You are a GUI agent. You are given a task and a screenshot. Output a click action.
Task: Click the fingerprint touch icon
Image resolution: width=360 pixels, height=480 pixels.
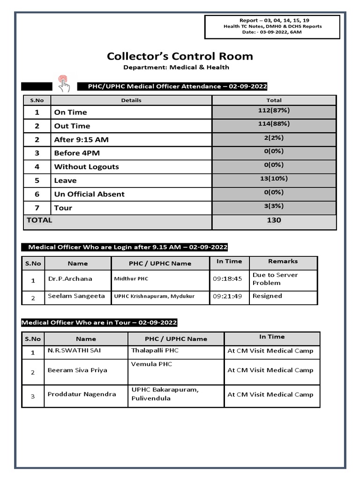(x=63, y=83)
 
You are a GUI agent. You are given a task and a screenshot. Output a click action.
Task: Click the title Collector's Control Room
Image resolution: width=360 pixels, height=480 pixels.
(x=180, y=56)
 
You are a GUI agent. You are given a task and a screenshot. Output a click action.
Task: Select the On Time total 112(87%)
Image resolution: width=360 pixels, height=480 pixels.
(x=274, y=111)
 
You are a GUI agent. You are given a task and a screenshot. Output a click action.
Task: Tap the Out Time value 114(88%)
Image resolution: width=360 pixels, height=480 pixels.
(x=274, y=124)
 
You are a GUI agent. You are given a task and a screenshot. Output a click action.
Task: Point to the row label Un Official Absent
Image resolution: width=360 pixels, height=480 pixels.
(x=89, y=194)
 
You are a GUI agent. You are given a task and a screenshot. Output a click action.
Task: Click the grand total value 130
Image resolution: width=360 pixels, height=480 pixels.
(x=274, y=220)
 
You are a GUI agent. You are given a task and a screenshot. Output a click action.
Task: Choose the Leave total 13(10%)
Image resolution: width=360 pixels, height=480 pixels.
(x=274, y=179)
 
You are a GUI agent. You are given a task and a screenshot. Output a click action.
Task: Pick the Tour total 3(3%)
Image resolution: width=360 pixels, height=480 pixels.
(x=274, y=206)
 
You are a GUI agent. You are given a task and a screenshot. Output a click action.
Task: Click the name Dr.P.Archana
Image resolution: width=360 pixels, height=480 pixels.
(x=70, y=278)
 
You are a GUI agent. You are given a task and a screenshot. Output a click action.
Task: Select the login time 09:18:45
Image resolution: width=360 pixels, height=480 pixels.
(x=227, y=278)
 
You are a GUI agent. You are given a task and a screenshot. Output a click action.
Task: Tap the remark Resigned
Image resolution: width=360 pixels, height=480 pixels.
(x=267, y=296)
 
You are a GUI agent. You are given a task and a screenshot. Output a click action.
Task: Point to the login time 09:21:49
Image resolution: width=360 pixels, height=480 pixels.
(x=227, y=296)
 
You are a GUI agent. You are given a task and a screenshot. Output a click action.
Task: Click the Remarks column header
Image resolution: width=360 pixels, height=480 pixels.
(x=283, y=261)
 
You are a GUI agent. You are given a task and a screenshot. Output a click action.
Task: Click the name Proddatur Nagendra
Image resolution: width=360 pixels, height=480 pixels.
(x=82, y=394)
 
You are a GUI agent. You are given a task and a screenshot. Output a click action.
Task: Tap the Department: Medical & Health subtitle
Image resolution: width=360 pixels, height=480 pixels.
(x=176, y=67)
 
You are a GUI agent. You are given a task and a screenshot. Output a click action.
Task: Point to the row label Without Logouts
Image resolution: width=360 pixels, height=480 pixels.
(x=86, y=167)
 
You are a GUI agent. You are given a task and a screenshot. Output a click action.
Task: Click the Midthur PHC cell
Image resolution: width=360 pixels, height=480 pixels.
(x=131, y=279)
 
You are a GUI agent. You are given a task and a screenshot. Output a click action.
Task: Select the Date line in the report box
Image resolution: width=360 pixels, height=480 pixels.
(x=272, y=32)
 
